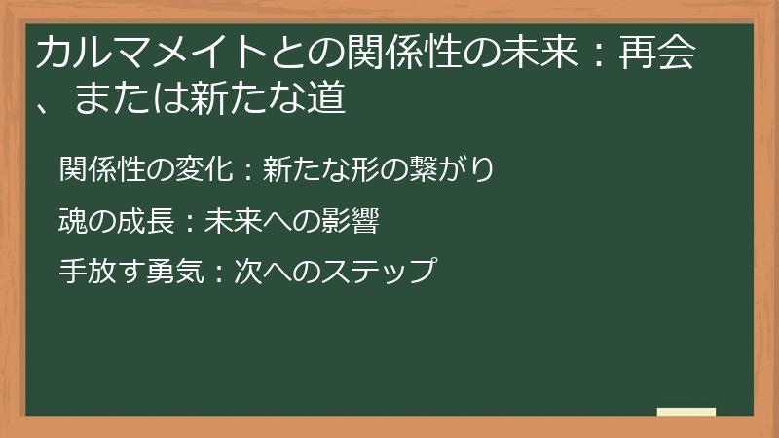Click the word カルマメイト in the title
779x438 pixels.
132,55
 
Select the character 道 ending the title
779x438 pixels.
328,99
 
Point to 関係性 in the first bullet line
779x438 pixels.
100,170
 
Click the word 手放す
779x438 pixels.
100,271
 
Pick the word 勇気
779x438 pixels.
173,271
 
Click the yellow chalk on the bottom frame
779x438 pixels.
686,413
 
